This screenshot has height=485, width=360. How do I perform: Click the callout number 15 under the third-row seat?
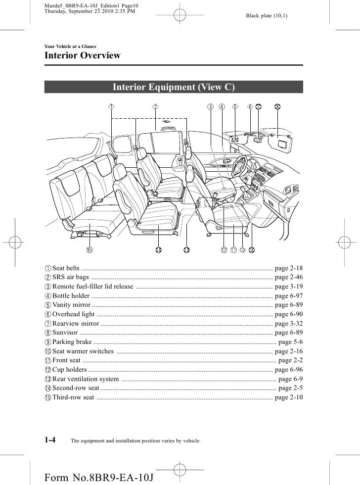(x=90, y=250)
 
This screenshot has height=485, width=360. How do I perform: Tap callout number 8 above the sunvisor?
(x=277, y=106)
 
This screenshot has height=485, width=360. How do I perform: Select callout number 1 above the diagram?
(x=112, y=106)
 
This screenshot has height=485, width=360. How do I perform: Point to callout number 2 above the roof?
(x=155, y=106)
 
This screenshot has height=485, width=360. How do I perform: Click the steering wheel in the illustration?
(x=242, y=165)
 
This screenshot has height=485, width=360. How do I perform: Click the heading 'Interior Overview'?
(x=83, y=55)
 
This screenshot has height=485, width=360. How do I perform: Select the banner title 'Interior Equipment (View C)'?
(x=174, y=88)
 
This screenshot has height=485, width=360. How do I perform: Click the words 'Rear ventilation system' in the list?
(x=86, y=379)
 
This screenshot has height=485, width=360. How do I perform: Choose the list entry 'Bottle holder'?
(x=71, y=296)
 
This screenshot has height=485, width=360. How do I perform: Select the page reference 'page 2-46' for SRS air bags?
(x=288, y=277)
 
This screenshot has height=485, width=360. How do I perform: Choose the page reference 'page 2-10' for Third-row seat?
(x=288, y=398)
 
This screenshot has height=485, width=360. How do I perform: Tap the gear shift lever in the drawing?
(x=243, y=191)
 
